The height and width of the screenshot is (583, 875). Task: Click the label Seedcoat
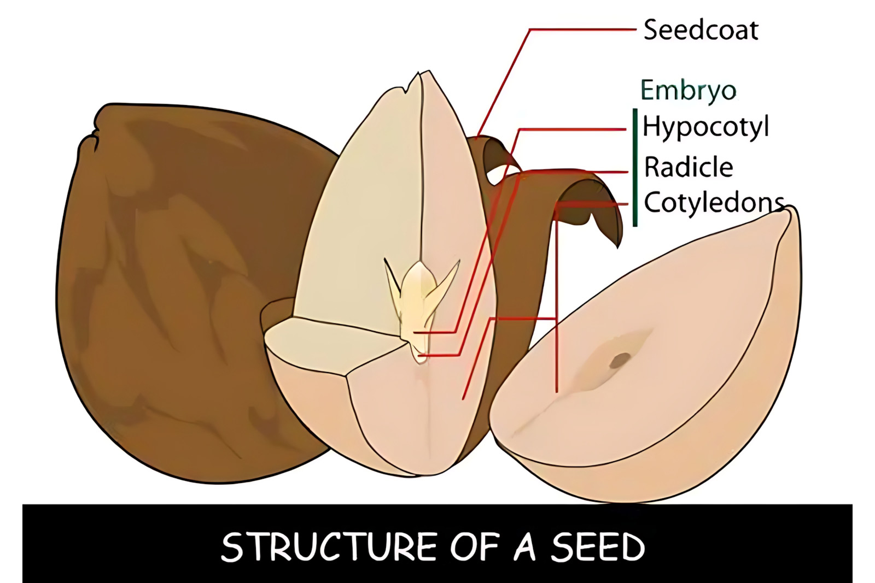pos(701,30)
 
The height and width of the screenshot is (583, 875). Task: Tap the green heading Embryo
pos(689,91)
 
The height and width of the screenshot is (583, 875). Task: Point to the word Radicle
pos(689,167)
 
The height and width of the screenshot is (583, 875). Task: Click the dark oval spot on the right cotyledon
pos(620,360)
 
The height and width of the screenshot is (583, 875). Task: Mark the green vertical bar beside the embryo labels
pos(635,167)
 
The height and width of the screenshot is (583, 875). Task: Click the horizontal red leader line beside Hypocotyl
pos(573,129)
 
